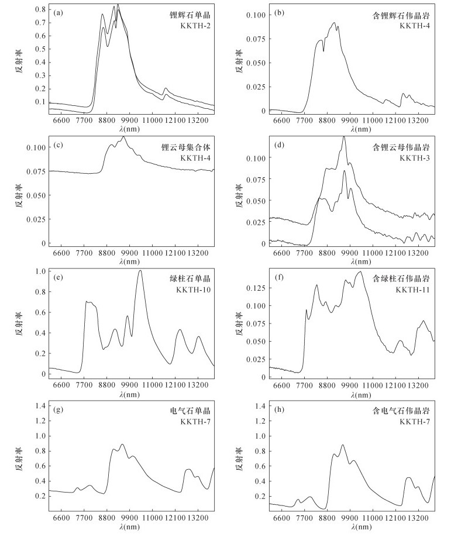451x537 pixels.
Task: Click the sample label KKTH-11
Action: [x=415, y=290]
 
